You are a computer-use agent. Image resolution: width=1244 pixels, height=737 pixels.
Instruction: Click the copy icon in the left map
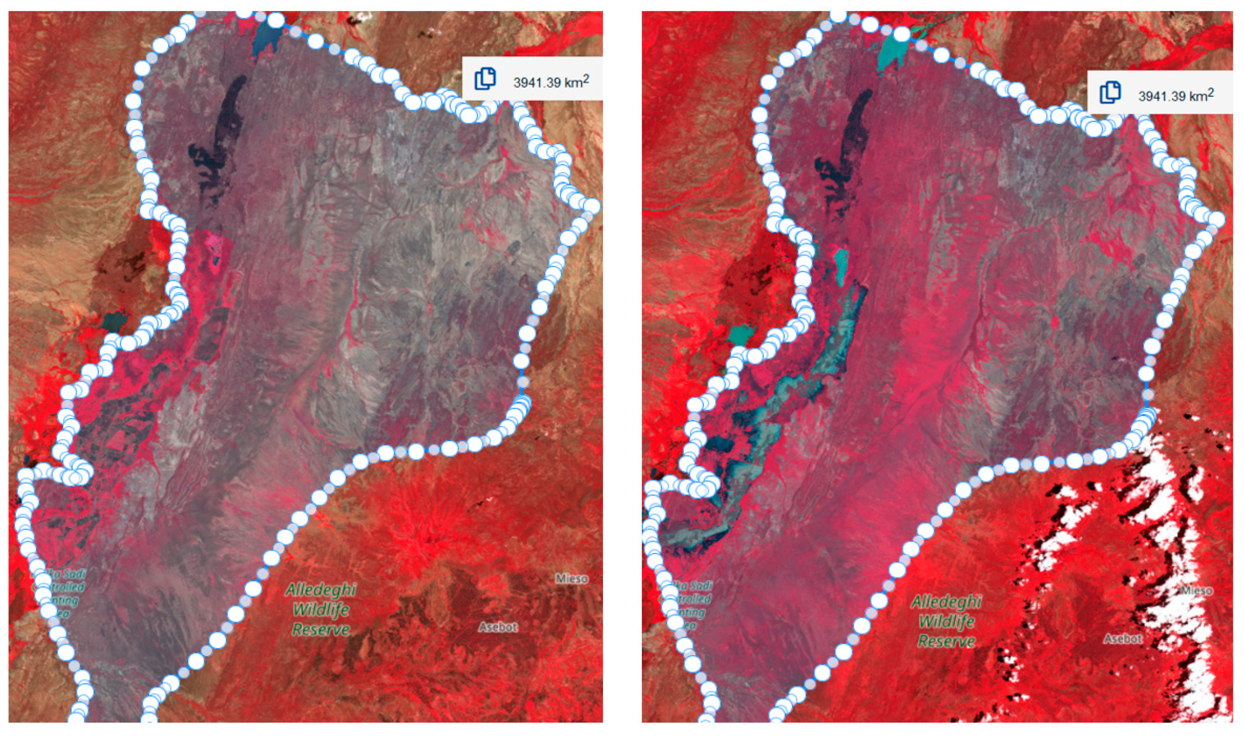(x=485, y=79)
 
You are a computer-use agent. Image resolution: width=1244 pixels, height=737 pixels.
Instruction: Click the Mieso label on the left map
(x=572, y=579)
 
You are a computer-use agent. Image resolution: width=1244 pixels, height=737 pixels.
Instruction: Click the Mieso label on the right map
(x=1197, y=591)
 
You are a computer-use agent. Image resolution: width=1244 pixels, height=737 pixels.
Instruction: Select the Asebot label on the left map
(x=498, y=627)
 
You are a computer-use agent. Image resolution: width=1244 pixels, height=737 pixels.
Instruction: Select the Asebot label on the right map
(x=1123, y=639)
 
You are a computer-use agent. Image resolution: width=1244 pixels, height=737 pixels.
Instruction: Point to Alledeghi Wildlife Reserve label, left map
(x=321, y=609)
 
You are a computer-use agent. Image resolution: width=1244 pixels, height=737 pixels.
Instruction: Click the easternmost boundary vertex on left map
(x=592, y=206)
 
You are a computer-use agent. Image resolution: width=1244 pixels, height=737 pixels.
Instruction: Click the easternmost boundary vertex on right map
(x=1217, y=219)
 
